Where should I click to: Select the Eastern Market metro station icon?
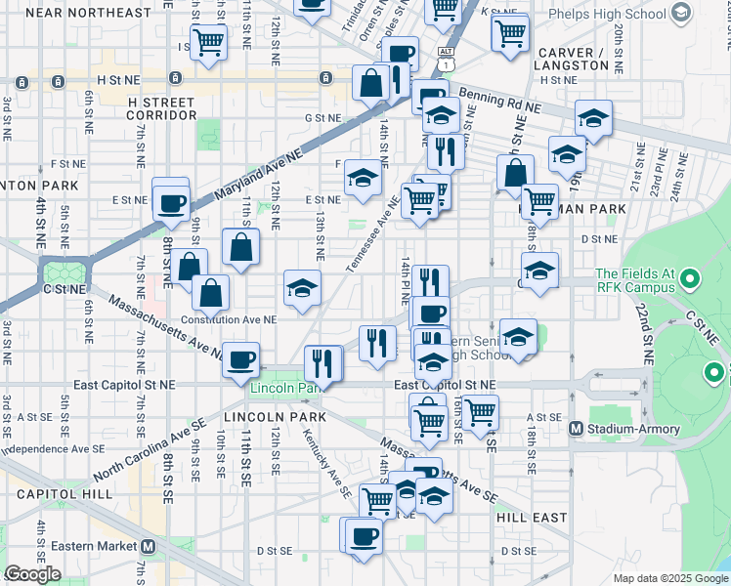(148, 547)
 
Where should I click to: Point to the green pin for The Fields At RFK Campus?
(692, 280)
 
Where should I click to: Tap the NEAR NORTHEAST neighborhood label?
(89, 13)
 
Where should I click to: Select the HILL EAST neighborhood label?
(532, 518)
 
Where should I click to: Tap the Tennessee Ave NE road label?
(372, 234)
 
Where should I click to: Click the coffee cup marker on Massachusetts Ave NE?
(240, 358)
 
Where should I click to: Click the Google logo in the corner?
(32, 574)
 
